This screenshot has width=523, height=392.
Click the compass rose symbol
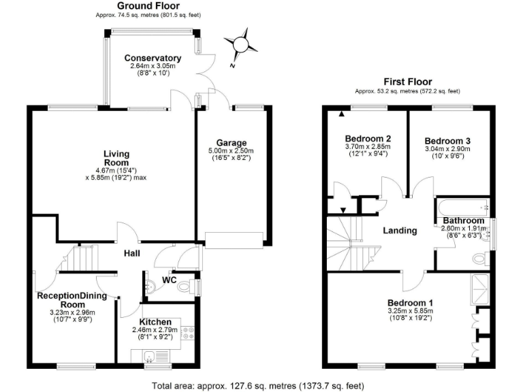pyautogui.click(x=239, y=45)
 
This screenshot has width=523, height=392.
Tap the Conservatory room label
pyautogui.click(x=153, y=58)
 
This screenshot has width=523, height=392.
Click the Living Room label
pyautogui.click(x=116, y=158)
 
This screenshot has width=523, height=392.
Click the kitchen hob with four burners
pyautogui.click(x=188, y=333)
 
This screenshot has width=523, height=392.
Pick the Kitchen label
pyautogui.click(x=155, y=322)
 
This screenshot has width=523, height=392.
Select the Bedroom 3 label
pyautogui.click(x=447, y=141)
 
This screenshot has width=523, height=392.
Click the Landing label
pyautogui.click(x=400, y=231)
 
